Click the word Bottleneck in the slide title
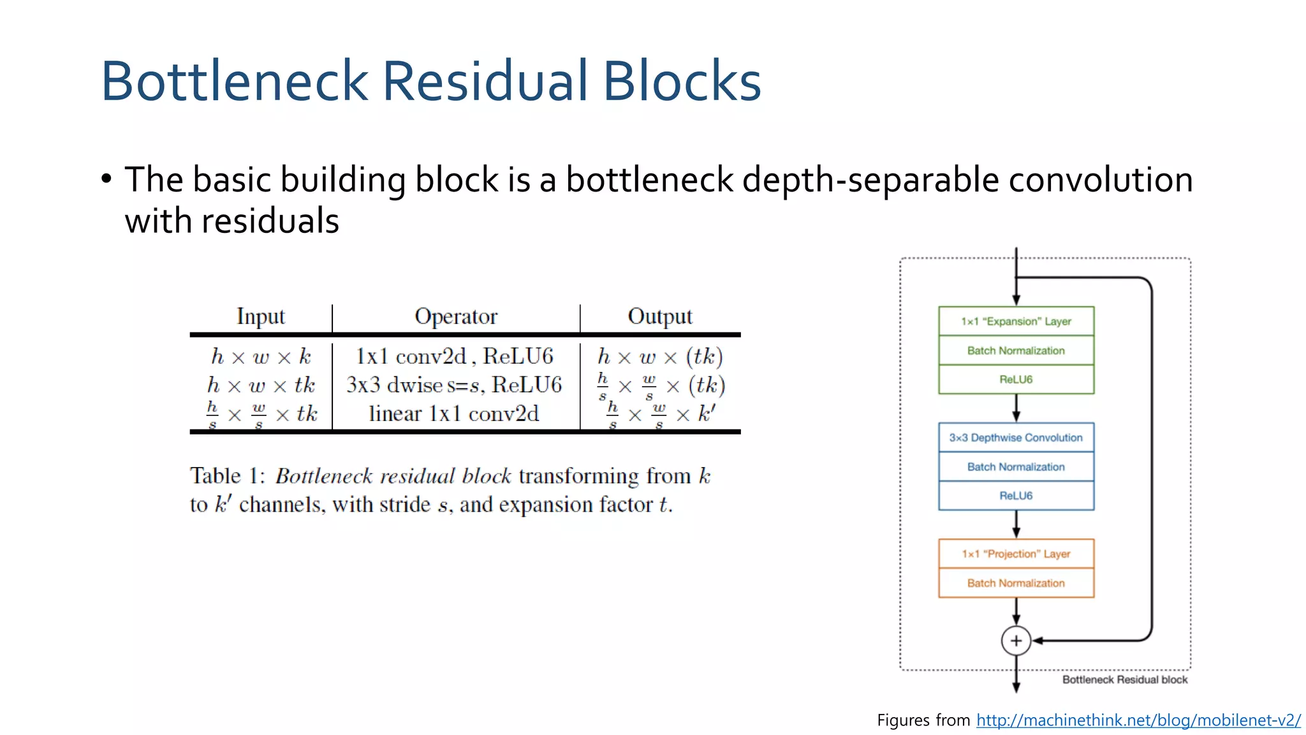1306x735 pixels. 235,81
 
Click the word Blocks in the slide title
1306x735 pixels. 682,81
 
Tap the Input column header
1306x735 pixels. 260,316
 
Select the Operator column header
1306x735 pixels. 455,316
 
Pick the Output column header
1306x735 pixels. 659,316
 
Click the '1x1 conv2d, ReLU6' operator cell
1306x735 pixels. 454,356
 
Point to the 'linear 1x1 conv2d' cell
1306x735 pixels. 454,414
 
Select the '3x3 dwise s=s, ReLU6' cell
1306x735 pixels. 454,385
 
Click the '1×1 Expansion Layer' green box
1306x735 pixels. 1016,322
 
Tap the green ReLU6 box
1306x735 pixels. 1016,380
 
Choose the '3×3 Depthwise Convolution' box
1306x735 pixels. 1016,438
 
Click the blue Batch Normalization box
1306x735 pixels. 1016,467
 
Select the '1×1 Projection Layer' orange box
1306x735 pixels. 1016,554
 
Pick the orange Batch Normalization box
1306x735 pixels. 1016,583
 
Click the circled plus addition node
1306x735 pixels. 1016,641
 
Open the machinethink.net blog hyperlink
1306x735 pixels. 1138,720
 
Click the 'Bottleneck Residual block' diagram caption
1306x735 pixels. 1124,680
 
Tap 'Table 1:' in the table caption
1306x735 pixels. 227,476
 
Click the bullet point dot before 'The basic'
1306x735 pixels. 106,179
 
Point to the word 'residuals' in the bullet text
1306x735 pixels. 270,221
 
